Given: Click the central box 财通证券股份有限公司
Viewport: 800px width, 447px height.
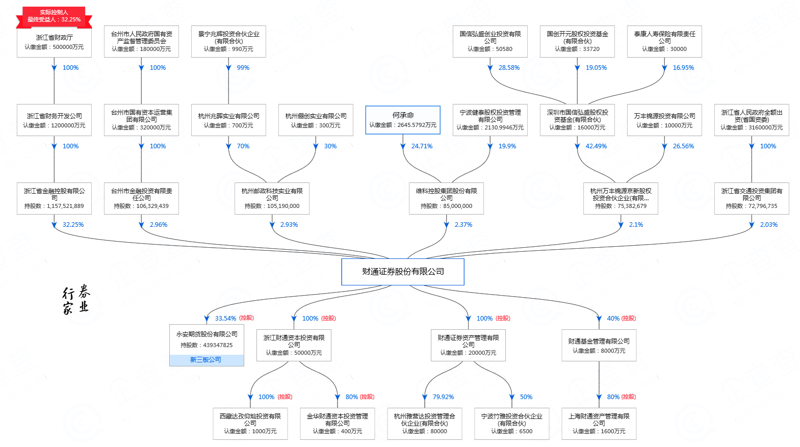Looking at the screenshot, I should (402, 272).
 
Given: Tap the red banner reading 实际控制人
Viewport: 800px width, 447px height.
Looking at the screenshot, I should (54, 16).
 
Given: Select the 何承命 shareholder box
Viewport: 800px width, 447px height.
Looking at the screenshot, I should (402, 120).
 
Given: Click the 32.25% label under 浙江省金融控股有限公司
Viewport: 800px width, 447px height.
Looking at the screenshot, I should (73, 225).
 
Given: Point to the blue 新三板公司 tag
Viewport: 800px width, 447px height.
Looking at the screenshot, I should (206, 360).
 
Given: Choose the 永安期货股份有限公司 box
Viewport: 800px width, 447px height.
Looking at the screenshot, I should (207, 339).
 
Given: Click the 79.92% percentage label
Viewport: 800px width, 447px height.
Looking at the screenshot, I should (443, 397).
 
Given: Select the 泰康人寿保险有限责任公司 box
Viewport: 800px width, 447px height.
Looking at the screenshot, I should (664, 41).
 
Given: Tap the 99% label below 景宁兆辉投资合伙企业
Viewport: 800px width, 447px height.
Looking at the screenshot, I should (243, 68).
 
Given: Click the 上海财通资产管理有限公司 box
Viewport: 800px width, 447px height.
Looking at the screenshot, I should (599, 423).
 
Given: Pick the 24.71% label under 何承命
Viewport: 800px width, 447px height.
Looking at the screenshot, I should (422, 146).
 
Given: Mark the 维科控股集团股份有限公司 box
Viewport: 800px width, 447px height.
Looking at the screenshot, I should (446, 198).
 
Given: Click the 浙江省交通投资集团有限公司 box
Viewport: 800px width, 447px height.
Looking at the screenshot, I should (751, 198).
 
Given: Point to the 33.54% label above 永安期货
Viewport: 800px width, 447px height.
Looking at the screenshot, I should (225, 319).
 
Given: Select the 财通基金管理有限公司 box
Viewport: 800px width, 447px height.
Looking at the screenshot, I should (599, 346).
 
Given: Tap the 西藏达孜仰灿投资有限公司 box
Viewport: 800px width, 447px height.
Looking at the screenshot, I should (250, 423).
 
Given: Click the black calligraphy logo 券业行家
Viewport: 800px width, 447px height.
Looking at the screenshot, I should (76, 300).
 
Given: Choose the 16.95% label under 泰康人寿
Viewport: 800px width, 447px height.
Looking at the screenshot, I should (683, 68).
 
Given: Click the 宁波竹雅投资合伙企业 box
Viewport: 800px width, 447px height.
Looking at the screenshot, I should (511, 423).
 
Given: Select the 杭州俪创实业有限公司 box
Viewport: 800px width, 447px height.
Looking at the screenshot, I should (316, 120).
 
